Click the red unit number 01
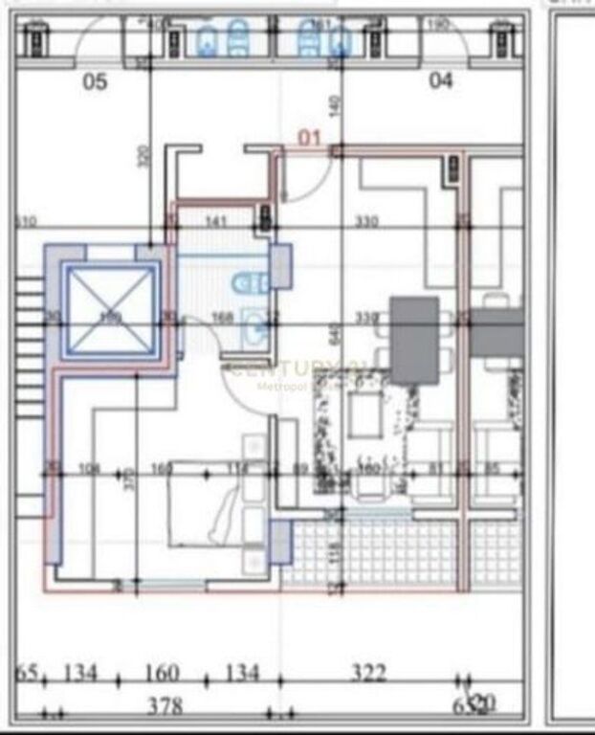pyautogui.click(x=309, y=137)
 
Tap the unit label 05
pyautogui.click(x=96, y=82)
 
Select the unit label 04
pyautogui.click(x=440, y=81)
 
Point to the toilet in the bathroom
pyautogui.click(x=246, y=281)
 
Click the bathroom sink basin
pyautogui.click(x=254, y=328)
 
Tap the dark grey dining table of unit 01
pyautogui.click(x=414, y=339)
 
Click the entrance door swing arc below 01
pyautogui.click(x=306, y=182)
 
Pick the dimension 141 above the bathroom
pyautogui.click(x=216, y=222)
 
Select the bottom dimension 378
pyautogui.click(x=165, y=706)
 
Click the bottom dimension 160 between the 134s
pyautogui.click(x=161, y=674)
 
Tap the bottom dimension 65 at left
pyautogui.click(x=27, y=674)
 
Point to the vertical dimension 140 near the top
pyautogui.click(x=334, y=104)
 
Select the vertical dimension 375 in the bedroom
pyautogui.click(x=131, y=479)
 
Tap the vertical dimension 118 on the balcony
pyautogui.click(x=335, y=553)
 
